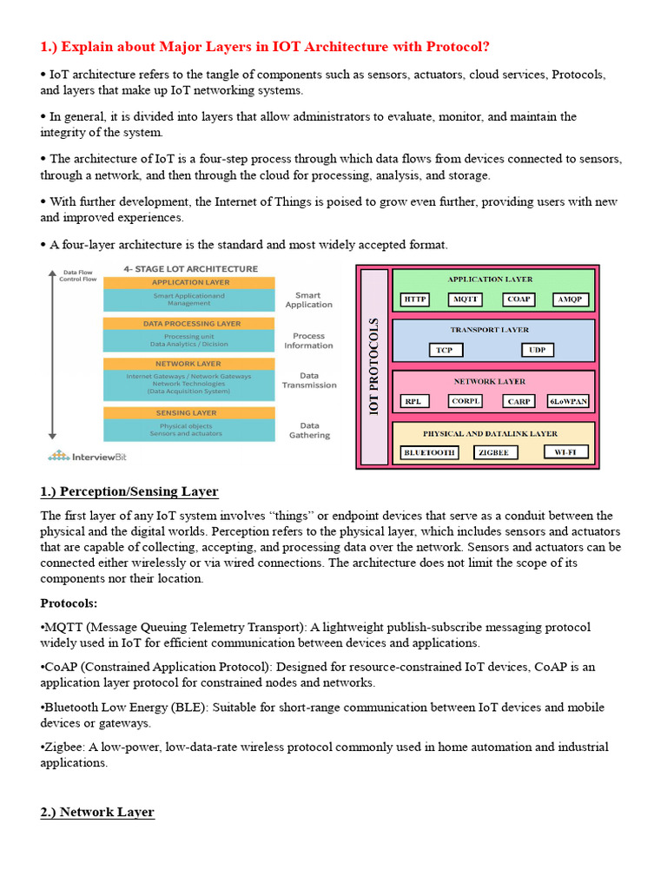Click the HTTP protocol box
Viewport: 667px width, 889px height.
click(414, 300)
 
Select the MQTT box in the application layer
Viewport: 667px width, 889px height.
click(465, 300)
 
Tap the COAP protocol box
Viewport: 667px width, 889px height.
click(518, 300)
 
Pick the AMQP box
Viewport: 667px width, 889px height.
click(571, 300)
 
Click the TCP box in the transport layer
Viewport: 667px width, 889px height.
click(445, 350)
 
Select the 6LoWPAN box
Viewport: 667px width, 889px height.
click(568, 401)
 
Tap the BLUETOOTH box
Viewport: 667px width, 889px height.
click(429, 452)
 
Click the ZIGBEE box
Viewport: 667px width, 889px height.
click(496, 452)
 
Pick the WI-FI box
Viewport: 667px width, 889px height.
click(565, 452)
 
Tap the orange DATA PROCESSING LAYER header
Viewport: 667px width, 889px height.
click(188, 324)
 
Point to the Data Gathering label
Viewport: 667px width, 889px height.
click(309, 431)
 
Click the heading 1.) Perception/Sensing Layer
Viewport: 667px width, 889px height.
click(129, 492)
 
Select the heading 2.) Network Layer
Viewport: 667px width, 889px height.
click(97, 813)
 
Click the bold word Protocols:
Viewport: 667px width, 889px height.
click(69, 603)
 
